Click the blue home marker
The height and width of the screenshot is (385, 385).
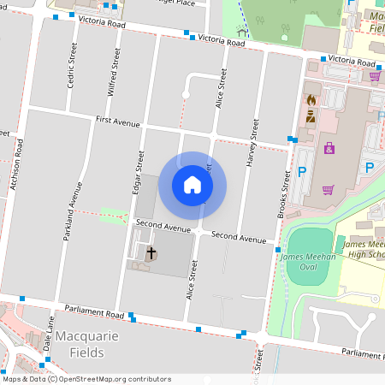[192, 185]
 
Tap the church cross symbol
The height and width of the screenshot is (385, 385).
[152, 253]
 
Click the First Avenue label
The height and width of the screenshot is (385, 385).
[117, 121]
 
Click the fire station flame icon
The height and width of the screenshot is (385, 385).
[311, 100]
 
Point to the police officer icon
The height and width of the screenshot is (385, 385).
[311, 117]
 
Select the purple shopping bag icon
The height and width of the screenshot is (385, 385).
[329, 149]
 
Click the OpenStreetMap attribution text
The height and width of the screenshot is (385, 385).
[86, 379]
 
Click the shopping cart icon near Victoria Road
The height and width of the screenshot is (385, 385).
[374, 75]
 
